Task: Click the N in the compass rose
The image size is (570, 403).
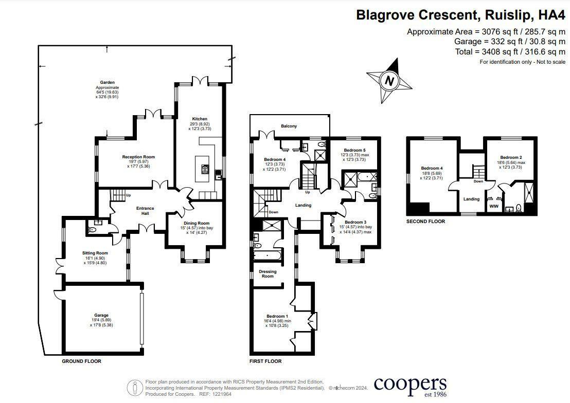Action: tap(390, 81)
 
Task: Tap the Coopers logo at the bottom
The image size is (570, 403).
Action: tap(410, 385)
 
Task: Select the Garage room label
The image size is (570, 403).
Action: tap(101, 315)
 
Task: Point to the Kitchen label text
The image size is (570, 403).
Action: tap(199, 118)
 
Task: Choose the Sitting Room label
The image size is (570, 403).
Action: tap(95, 253)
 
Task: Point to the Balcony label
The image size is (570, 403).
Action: tap(289, 126)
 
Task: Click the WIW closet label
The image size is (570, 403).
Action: tap(494, 206)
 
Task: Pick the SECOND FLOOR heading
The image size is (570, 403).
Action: tap(425, 222)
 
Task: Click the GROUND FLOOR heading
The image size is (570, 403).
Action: tap(81, 361)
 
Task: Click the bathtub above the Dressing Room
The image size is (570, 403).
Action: tap(267, 255)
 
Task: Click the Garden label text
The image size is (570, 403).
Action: tap(107, 82)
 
